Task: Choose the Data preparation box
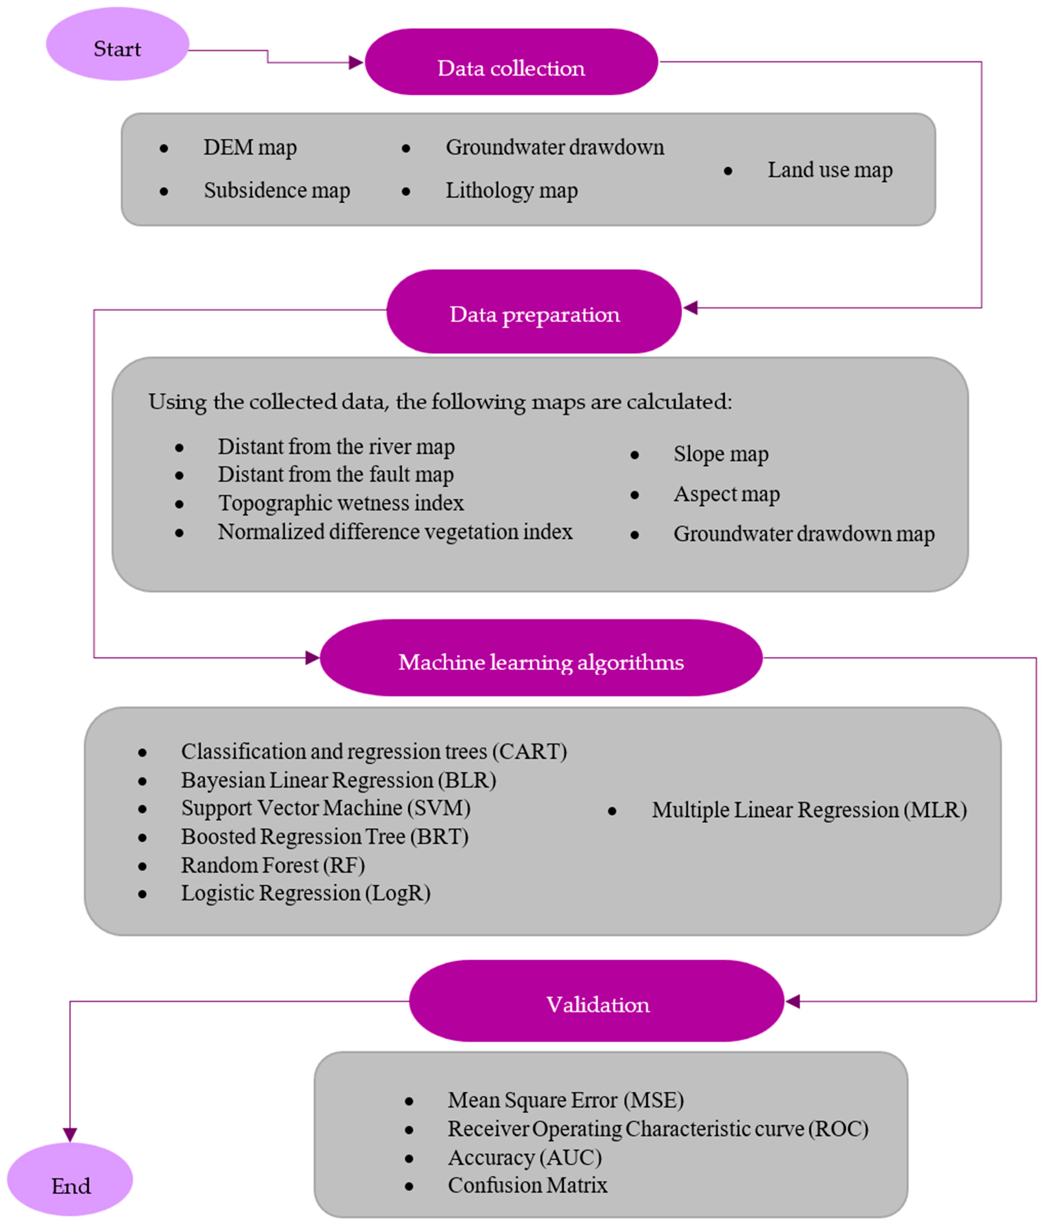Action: coord(534,312)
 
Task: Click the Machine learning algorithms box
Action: coord(541,658)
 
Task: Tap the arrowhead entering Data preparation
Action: coord(690,308)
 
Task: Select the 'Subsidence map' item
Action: coord(277,190)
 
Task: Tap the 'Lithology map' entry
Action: coord(511,190)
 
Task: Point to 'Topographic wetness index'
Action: coord(341,503)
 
